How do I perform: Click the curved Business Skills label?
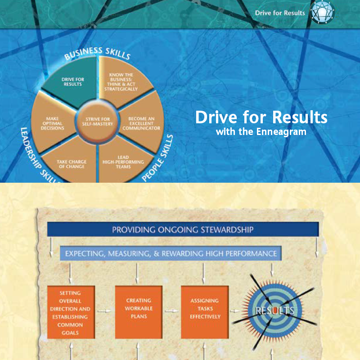(x=97, y=52)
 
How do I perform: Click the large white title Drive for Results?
(x=261, y=118)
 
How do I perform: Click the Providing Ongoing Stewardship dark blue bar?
(x=183, y=230)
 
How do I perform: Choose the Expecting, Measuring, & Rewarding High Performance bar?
(x=171, y=254)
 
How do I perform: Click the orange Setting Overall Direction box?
(x=71, y=312)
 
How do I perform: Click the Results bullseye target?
(x=274, y=310)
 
